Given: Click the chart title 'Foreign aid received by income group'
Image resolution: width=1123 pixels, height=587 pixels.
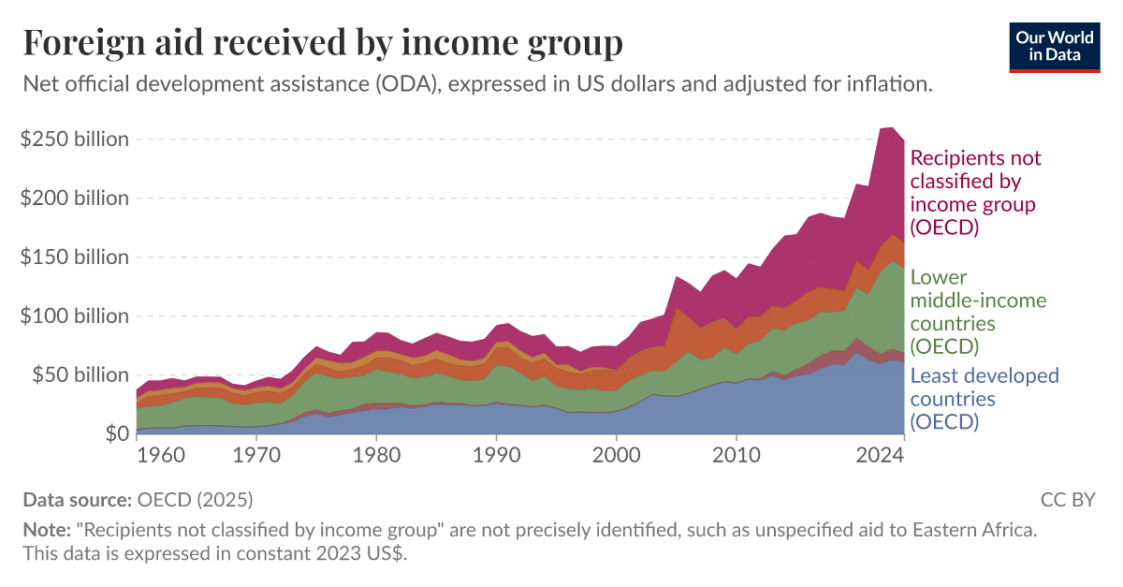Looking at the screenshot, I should point(323,43).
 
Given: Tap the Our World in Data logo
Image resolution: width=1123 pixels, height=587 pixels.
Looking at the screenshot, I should point(1054,45).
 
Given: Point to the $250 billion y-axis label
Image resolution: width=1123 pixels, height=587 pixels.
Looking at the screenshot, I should point(74,139).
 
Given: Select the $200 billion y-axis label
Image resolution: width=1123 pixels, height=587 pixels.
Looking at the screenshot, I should point(74,198).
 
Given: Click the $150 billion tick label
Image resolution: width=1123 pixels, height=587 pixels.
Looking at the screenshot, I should point(74,257).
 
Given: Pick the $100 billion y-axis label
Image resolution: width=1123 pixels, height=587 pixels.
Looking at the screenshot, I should point(74,316).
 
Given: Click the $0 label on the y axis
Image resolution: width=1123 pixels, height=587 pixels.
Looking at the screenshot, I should point(116,434).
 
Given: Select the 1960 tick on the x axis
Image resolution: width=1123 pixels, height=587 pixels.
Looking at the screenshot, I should point(160,457).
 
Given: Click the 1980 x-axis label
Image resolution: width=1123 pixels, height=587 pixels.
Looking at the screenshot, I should point(375,457).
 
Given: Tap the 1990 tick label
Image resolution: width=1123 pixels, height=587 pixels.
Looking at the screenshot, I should point(496,457).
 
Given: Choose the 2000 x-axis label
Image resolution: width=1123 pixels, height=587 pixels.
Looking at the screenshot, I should point(616,457).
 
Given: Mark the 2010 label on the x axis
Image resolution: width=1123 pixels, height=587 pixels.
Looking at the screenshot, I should point(737,457).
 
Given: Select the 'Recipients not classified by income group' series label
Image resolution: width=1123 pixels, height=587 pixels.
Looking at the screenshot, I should point(975,192).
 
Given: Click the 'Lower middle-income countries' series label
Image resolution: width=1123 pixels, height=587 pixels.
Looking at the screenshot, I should point(978,312).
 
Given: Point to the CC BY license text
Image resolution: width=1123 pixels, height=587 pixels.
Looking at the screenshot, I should point(1068,499).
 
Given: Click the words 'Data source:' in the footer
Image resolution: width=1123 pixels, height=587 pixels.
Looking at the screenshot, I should point(78,499).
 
